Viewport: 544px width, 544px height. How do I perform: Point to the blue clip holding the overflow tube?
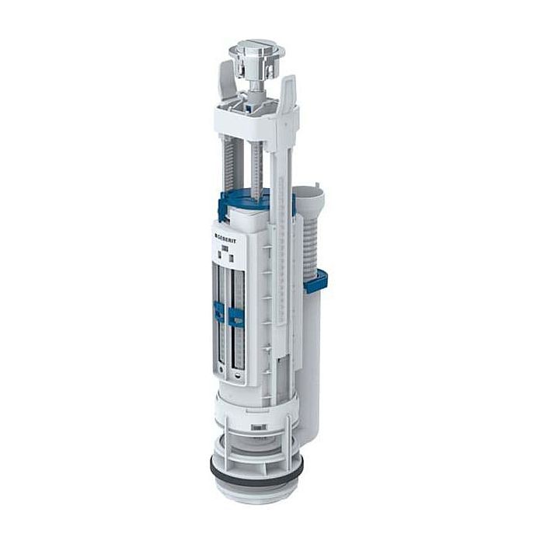[x=315, y=281]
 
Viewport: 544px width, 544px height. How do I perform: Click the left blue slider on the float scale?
[x=219, y=312]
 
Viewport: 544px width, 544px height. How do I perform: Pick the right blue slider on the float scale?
[x=235, y=316]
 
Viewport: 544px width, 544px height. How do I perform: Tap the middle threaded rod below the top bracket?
[x=256, y=167]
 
